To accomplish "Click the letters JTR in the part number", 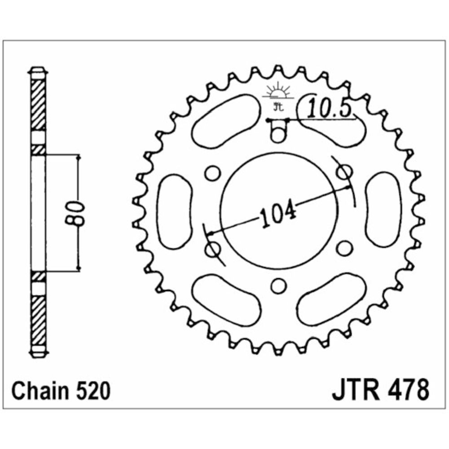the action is click(x=356, y=390).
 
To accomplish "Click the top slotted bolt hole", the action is click(x=277, y=131).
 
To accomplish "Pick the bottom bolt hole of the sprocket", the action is click(x=278, y=286).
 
